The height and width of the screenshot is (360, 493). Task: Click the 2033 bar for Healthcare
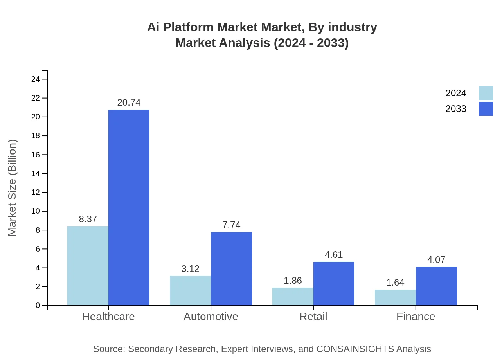pyautogui.click(x=129, y=207)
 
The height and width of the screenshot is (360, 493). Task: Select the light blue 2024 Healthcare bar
pyautogui.click(x=88, y=266)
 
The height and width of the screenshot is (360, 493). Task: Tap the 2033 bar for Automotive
pyautogui.click(x=231, y=268)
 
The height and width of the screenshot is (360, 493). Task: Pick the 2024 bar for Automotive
pyautogui.click(x=190, y=290)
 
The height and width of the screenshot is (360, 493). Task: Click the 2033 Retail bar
pyautogui.click(x=334, y=283)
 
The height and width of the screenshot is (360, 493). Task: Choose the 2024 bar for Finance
pyautogui.click(x=395, y=297)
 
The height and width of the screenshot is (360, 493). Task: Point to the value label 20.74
pyautogui.click(x=129, y=103)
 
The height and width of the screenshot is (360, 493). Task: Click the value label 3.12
pyautogui.click(x=190, y=269)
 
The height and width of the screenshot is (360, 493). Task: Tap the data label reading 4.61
pyautogui.click(x=334, y=255)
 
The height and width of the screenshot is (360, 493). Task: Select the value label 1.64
pyautogui.click(x=395, y=283)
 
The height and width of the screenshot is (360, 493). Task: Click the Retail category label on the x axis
pyautogui.click(x=313, y=316)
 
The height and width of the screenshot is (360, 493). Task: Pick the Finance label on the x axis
pyautogui.click(x=416, y=316)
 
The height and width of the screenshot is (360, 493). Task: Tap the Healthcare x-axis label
pyautogui.click(x=108, y=316)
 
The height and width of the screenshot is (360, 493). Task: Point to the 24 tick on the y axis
pyautogui.click(x=35, y=79)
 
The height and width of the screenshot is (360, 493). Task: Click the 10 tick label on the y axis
pyautogui.click(x=35, y=211)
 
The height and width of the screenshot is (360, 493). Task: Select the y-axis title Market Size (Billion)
pyautogui.click(x=13, y=188)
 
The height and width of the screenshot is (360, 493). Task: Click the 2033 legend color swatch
pyautogui.click(x=486, y=109)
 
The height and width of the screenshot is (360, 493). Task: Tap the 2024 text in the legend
pyautogui.click(x=456, y=93)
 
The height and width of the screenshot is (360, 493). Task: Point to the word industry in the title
pyautogui.click(x=352, y=27)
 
